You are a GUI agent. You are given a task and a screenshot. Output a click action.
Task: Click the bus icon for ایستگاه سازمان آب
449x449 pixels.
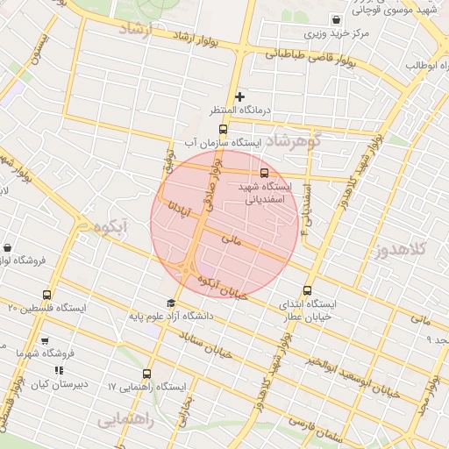[222, 130]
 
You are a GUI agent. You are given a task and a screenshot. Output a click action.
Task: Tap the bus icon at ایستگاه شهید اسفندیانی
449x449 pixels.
[265, 172]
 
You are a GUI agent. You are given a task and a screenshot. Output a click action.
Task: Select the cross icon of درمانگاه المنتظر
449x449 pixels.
[239, 96]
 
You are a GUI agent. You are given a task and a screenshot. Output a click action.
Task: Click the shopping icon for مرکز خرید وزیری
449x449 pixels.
[335, 20]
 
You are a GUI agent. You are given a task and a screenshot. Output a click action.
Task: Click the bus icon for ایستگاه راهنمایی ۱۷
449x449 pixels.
[146, 373]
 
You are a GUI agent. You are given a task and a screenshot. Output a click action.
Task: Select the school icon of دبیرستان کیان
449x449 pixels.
[59, 370]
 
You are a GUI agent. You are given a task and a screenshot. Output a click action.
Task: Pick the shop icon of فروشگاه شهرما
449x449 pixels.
[45, 340]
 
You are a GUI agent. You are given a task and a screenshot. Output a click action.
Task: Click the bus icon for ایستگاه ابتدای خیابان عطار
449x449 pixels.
[307, 290]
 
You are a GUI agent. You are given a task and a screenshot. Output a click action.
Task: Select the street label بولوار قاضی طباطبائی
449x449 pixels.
[312, 59]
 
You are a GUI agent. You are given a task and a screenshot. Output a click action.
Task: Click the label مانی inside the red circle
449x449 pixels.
[232, 238]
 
